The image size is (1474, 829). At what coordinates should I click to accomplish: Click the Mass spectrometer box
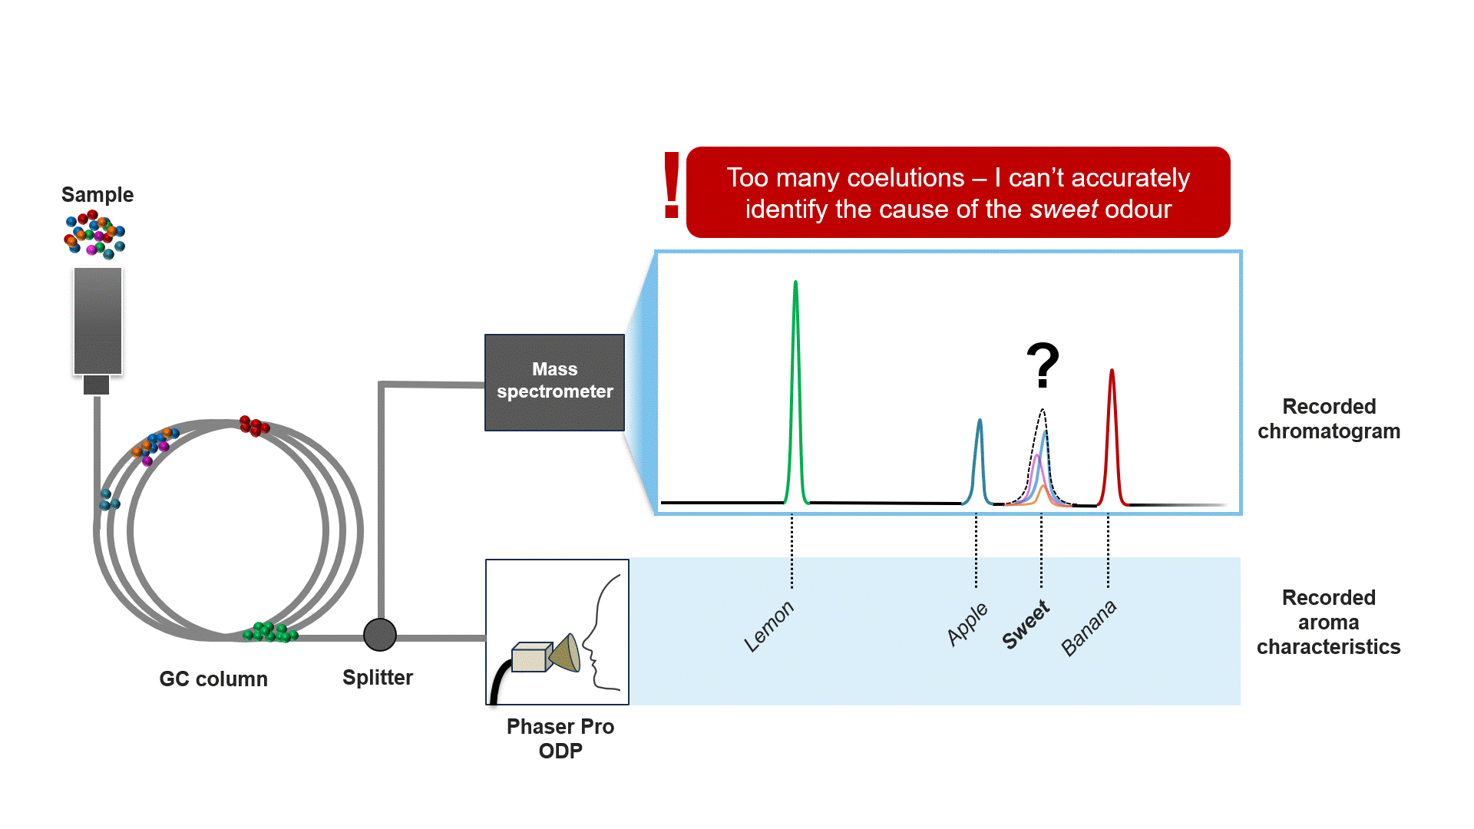(x=554, y=382)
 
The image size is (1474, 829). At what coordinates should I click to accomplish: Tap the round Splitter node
(x=379, y=635)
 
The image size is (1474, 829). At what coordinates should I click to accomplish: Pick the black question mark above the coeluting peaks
(x=1043, y=365)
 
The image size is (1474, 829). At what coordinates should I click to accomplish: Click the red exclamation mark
(x=671, y=185)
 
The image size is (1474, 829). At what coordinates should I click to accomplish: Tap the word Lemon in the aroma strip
(x=768, y=626)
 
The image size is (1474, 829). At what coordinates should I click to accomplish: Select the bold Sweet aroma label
(x=1026, y=625)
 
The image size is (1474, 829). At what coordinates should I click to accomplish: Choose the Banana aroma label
(x=1089, y=628)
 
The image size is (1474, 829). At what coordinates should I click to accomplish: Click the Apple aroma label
(x=967, y=624)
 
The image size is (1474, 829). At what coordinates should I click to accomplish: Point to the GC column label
(x=213, y=679)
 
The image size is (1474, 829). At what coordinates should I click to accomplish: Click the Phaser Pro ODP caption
(x=560, y=738)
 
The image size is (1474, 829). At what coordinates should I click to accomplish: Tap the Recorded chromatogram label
(x=1328, y=418)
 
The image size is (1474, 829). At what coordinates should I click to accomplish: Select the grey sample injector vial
(x=97, y=321)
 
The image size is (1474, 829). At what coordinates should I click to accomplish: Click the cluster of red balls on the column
(x=253, y=425)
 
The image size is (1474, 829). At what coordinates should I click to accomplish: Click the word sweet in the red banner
(x=1063, y=210)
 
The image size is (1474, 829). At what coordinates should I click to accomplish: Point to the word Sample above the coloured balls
(x=97, y=195)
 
